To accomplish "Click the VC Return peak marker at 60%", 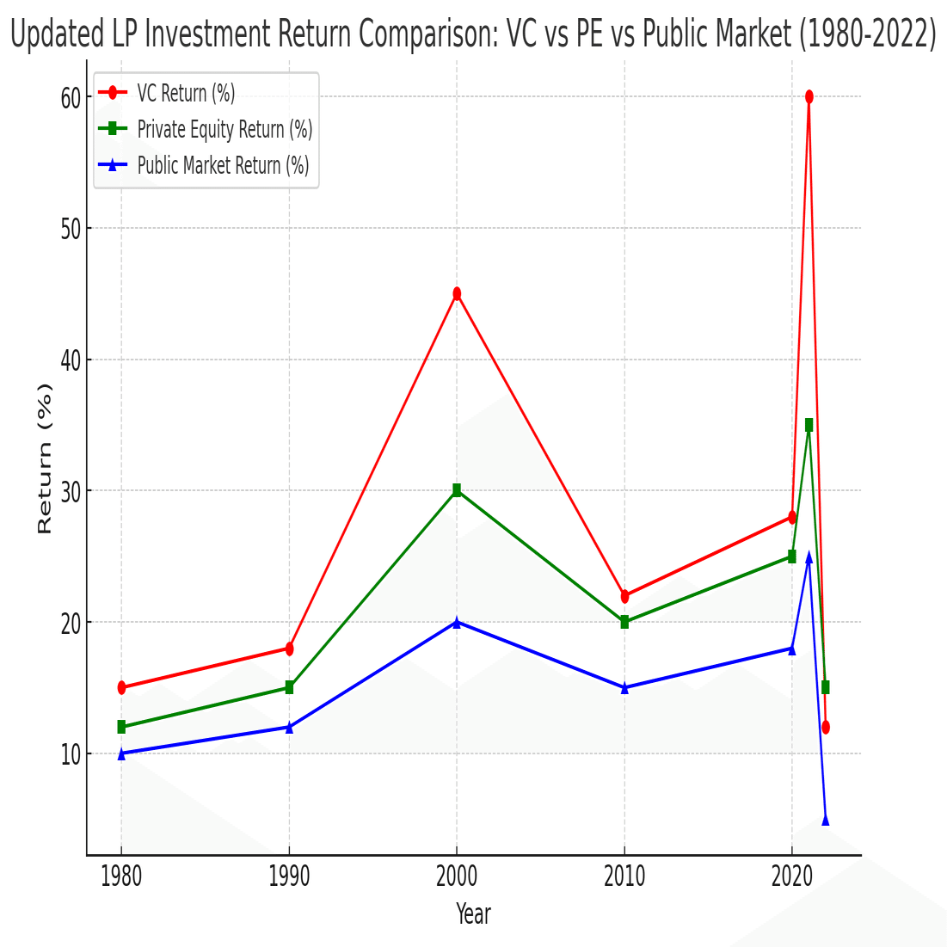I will coord(809,97).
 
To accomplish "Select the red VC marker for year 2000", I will coord(457,294).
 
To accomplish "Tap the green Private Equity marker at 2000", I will coord(457,490).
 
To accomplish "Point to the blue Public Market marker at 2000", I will coord(457,622).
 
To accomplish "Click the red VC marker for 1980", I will coord(121,687).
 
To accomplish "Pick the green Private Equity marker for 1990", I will coord(289,687).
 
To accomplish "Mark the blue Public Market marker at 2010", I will coord(624,687).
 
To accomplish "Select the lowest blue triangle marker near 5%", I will coord(825,820).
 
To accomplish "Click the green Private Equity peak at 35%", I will coord(809,425).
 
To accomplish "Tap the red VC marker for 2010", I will coord(624,596).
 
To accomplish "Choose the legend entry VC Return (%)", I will coord(186,93).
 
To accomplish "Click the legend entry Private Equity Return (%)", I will coord(224,129).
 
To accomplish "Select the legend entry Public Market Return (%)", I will coord(223,165).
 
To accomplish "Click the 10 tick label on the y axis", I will coord(71,754).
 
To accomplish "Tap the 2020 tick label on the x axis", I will coord(792,876).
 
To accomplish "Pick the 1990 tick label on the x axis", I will coord(289,876).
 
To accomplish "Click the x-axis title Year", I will coord(473,913).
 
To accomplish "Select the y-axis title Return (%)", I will coord(45,458).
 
